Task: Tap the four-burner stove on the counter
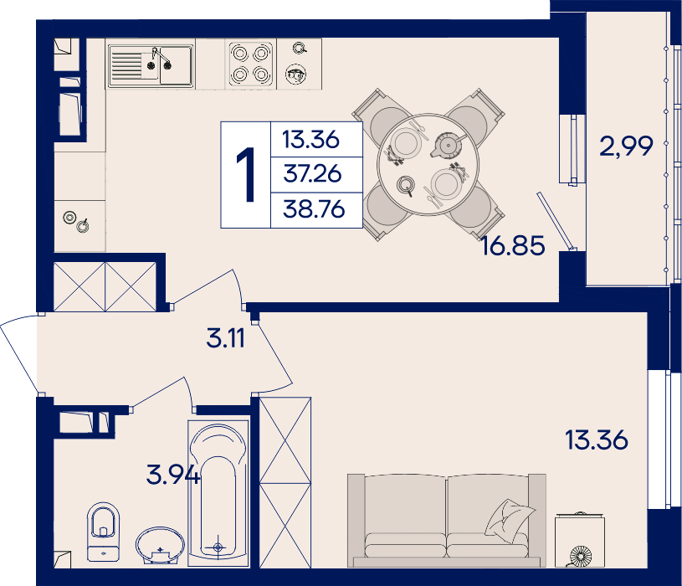click(250, 64)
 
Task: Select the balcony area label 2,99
click(626, 146)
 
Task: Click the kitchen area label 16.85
click(513, 245)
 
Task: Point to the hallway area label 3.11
click(226, 338)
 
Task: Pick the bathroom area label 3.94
click(173, 474)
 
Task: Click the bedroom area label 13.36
click(597, 439)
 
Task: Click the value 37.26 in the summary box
click(312, 173)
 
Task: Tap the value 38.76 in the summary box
click(314, 208)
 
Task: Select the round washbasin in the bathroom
click(160, 546)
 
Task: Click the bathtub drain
click(218, 547)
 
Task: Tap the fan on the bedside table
click(580, 556)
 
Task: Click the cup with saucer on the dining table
click(406, 185)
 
